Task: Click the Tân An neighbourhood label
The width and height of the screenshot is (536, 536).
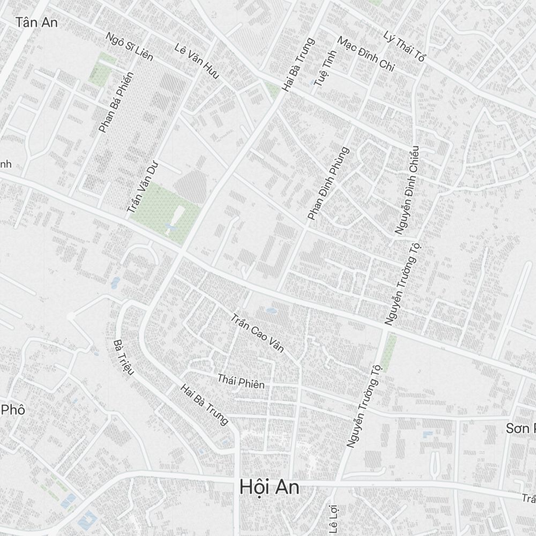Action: click(x=36, y=23)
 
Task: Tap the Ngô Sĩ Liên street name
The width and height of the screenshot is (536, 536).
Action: click(x=130, y=47)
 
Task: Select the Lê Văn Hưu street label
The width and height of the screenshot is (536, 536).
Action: click(x=197, y=61)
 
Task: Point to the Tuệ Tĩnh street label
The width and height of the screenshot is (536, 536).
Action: click(x=321, y=73)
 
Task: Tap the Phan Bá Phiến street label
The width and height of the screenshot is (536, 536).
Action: click(x=116, y=102)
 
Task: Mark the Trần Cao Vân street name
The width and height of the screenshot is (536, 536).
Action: click(x=257, y=336)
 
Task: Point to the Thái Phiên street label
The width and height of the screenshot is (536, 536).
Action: click(x=241, y=381)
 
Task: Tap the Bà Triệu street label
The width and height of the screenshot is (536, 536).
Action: click(x=123, y=357)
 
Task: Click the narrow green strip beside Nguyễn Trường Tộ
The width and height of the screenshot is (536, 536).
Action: click(x=389, y=352)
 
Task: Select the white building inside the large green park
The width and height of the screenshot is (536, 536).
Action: click(x=176, y=218)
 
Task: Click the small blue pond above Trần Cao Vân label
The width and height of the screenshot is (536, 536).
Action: click(x=271, y=310)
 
